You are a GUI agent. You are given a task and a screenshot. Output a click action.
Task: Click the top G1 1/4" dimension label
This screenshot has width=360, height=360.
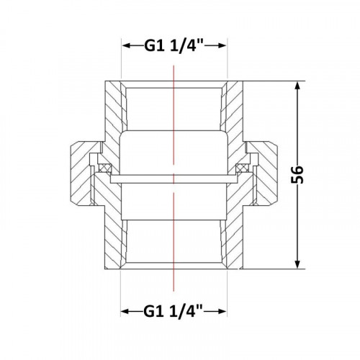click(x=174, y=45)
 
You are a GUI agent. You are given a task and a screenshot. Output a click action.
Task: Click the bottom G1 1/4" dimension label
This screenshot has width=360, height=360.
click(x=174, y=311)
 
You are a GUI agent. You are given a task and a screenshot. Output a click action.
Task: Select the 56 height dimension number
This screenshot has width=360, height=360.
click(x=297, y=174)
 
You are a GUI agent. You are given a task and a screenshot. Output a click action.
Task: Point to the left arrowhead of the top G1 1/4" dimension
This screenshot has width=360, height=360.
click(x=127, y=45)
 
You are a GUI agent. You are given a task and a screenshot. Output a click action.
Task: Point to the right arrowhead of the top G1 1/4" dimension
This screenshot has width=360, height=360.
click(x=221, y=45)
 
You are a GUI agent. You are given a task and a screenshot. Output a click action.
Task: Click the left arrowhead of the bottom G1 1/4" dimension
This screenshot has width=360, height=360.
click(x=126, y=312)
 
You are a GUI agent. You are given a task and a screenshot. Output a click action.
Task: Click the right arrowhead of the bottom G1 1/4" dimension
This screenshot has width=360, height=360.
click(x=221, y=312)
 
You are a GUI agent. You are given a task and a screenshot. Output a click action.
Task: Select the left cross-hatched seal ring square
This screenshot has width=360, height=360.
click(x=105, y=168)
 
